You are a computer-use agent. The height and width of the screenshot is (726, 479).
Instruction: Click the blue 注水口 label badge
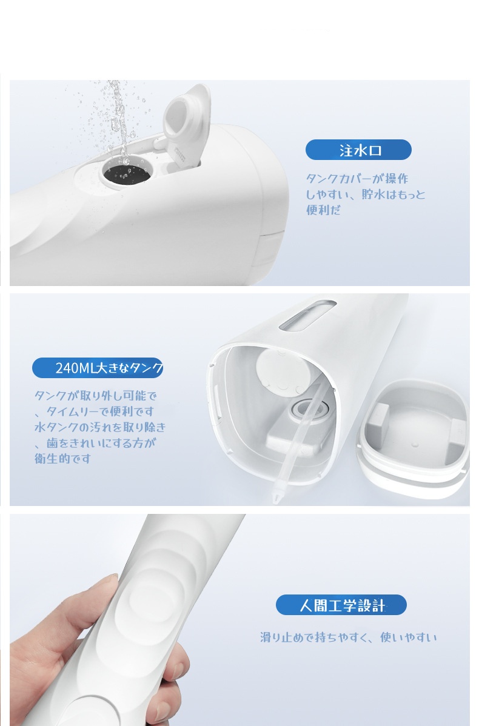click(x=358, y=150)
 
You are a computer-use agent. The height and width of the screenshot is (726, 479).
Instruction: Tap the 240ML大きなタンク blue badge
click(x=98, y=368)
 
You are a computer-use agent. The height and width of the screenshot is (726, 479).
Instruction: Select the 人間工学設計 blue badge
click(x=341, y=605)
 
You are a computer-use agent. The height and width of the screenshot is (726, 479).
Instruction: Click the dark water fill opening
click(x=126, y=173)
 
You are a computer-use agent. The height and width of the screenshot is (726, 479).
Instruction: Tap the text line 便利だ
click(x=323, y=210)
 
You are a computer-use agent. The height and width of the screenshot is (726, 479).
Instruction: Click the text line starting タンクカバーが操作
click(x=357, y=179)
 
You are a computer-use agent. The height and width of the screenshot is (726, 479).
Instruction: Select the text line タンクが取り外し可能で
click(x=96, y=396)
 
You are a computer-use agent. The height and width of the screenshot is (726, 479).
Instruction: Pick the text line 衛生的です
click(x=62, y=459)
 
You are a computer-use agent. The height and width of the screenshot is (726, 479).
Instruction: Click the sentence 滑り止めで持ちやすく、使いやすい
click(x=349, y=638)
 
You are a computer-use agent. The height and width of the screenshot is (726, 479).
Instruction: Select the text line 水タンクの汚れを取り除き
click(x=99, y=427)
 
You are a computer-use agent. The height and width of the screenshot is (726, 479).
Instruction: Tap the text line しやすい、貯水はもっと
click(x=366, y=195)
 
